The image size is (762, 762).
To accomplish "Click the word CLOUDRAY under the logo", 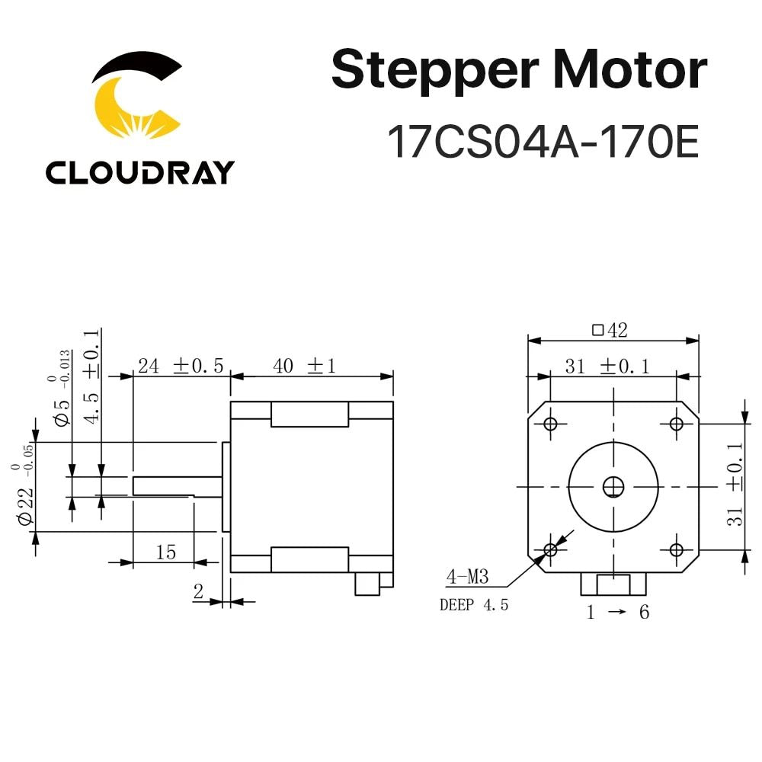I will pos(139,172).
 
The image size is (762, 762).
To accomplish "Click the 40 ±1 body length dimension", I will pos(305,367).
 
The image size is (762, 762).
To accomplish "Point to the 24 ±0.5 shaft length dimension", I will pos(181,367).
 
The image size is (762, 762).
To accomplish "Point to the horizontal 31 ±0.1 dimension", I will pos(607,367).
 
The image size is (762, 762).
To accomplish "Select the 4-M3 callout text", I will pos(467,578).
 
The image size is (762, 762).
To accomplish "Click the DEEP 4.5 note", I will pos(473,607).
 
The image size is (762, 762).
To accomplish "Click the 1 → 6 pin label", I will pos(618,613).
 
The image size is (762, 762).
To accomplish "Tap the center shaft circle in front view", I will pos(613,486).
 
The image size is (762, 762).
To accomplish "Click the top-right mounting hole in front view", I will pos(677,424).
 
